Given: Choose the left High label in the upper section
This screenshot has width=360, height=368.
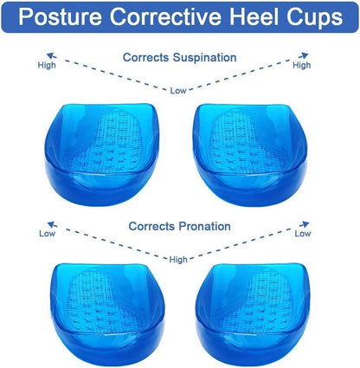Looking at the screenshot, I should tap(47, 65).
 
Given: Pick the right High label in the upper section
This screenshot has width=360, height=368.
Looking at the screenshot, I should tap(301, 65).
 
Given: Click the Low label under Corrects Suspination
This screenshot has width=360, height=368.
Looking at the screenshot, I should tap(178, 89).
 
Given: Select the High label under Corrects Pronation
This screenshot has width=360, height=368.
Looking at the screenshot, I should tap(178, 258).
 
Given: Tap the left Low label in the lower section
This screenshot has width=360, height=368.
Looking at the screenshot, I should tap(47, 234).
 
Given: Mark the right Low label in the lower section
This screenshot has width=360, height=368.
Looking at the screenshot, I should tap(303, 234).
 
